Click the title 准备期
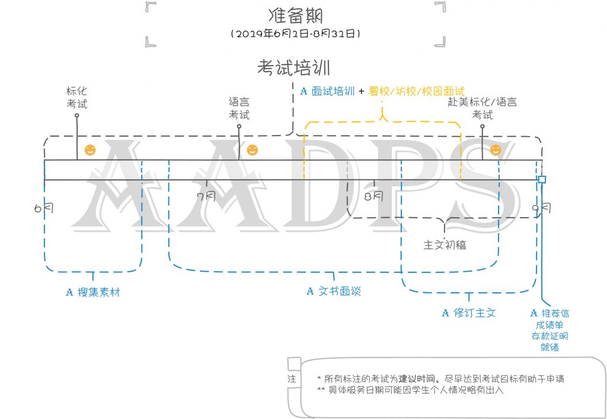coord(296,15)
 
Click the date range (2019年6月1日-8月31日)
coord(296,34)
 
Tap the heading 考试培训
coord(294,67)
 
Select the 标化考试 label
coord(76,98)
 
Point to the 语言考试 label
coord(239,108)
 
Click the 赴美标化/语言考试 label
coord(483,108)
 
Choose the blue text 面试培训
coord(333,91)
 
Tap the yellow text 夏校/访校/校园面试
coord(417,91)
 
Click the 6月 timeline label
coord(44,208)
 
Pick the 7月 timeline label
coord(206,196)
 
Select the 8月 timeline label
coord(373,196)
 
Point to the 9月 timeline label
coord(541,208)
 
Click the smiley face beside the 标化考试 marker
coord(90,150)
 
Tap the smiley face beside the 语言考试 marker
coord(253,150)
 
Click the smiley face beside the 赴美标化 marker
coord(496,150)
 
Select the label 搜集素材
coord(99,292)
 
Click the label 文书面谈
coord(340,291)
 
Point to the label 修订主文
coord(475,312)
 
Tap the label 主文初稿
coord(445,244)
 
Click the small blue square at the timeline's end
coord(542,179)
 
